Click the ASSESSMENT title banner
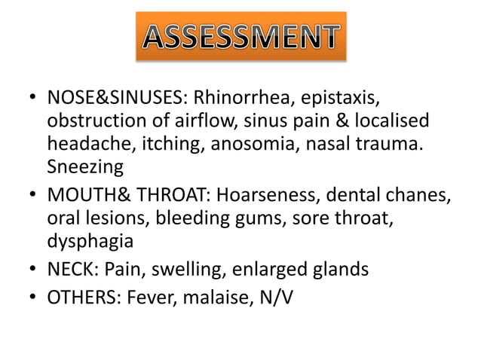(x=240, y=36)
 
